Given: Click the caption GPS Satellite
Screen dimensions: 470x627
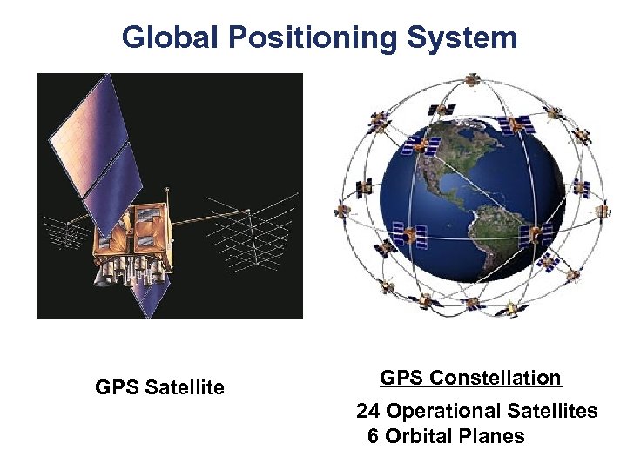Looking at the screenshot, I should click(x=159, y=387).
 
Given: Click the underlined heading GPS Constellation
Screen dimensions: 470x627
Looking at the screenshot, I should click(x=470, y=378).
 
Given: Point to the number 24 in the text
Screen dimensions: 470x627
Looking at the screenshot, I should click(x=368, y=411).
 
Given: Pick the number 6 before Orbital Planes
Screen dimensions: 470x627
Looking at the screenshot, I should click(x=373, y=436).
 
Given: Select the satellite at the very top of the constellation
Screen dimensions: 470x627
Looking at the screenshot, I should click(x=471, y=80).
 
